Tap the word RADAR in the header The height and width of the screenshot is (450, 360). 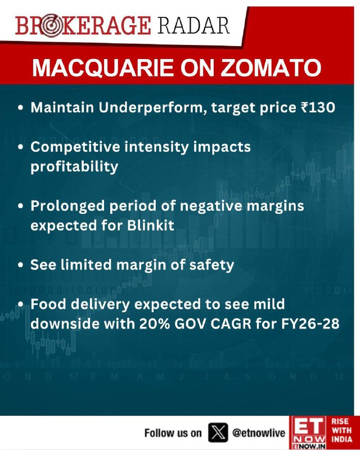pos(193,25)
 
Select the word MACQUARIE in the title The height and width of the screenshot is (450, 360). pos(103,67)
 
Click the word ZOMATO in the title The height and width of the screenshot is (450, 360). pos(271,67)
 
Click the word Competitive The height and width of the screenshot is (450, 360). pos(75,147)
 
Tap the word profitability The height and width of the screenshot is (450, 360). pos(74,166)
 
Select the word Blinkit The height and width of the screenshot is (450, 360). pos(150,226)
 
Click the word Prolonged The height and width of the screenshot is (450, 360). pos(67,206)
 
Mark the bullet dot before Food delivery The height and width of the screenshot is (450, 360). pos(20,304)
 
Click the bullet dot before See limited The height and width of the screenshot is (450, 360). pos(20,265)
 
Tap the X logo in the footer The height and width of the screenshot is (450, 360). pos(218,433)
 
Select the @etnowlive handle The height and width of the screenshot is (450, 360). pos(259,433)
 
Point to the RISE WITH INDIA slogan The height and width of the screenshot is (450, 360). pos(341,430)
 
